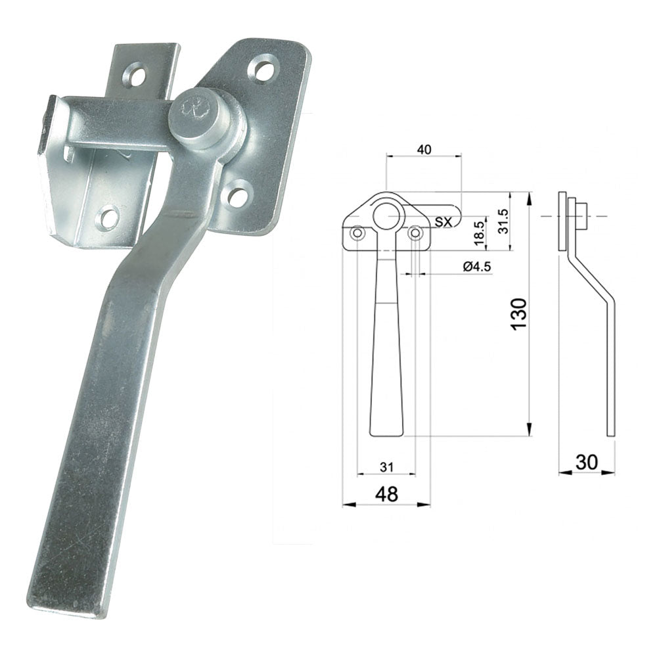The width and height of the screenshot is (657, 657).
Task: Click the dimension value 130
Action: coord(519,314)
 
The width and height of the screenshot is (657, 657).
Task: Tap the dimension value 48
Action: coord(387,495)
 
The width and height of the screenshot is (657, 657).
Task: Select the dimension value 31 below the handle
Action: coord(386,466)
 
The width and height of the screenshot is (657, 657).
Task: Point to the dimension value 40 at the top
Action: coord(424,150)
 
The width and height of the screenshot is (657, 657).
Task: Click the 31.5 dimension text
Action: coord(504,221)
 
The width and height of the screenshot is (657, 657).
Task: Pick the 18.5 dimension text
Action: coord(480,233)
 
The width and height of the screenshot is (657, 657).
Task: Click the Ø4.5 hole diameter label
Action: coord(477,267)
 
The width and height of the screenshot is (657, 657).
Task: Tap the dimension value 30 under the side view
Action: coord(587,462)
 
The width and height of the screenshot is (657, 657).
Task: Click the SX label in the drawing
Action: coord(443,222)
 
